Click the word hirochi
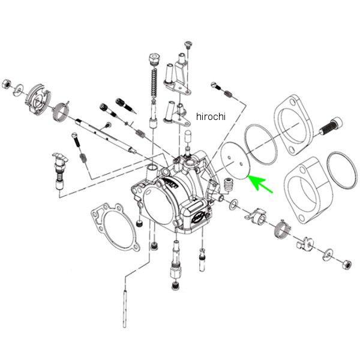[210, 116]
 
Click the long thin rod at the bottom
[125, 307]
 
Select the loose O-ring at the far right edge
[342, 170]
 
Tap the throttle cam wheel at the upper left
[37, 98]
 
